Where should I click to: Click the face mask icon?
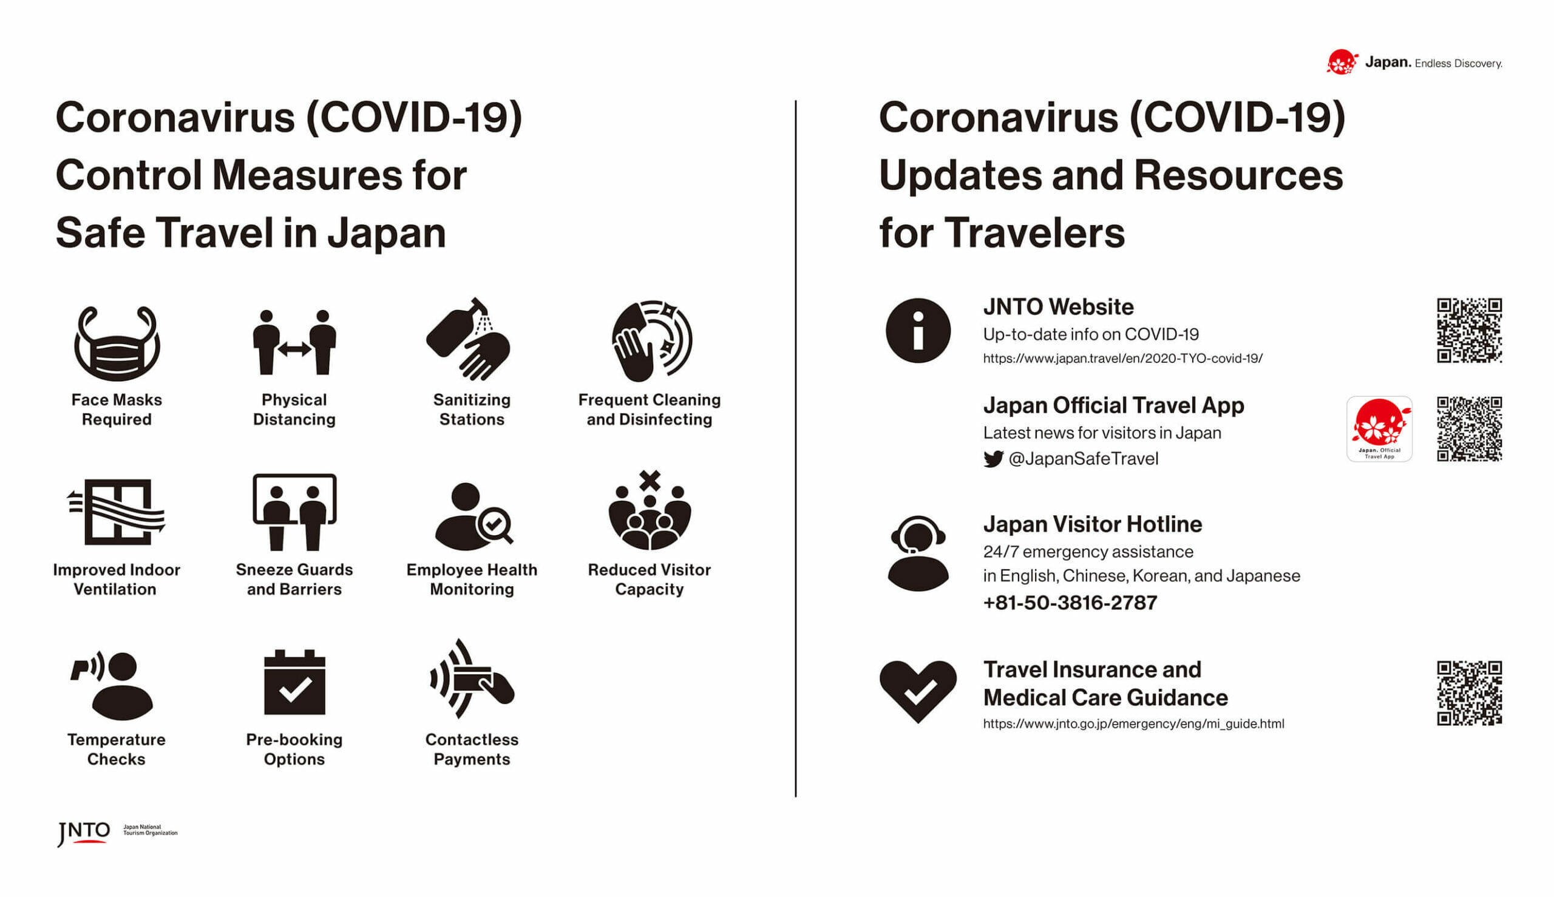(x=117, y=343)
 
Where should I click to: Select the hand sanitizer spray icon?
(x=467, y=339)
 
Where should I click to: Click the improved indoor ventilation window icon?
(x=117, y=512)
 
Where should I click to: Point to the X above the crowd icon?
(x=650, y=481)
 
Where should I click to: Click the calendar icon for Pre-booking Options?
(x=294, y=682)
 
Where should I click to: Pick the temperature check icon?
(x=113, y=686)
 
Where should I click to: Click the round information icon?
(x=917, y=331)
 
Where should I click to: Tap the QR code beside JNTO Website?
(x=1469, y=331)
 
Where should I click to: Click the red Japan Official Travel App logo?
(x=1379, y=430)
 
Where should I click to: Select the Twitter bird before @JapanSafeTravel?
(x=992, y=459)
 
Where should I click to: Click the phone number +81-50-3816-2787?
(x=1070, y=603)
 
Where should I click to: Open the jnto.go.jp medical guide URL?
(x=1133, y=724)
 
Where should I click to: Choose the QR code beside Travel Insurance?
(x=1469, y=694)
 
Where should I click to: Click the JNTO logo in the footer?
(x=84, y=833)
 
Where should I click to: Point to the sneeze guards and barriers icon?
(x=294, y=512)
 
